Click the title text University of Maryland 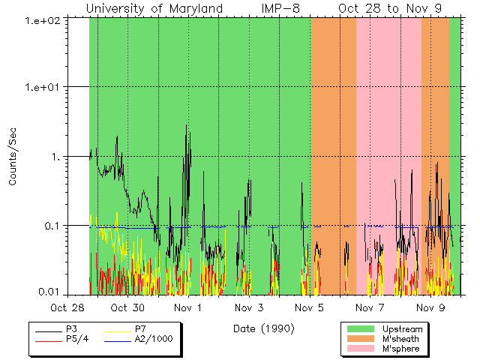tap(154, 9)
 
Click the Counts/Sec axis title tap(13, 156)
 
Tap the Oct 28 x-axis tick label tap(67, 307)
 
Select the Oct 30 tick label tap(127, 307)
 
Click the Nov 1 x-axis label tap(188, 307)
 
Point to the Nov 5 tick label tap(309, 307)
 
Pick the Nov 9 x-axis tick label tap(430, 307)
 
